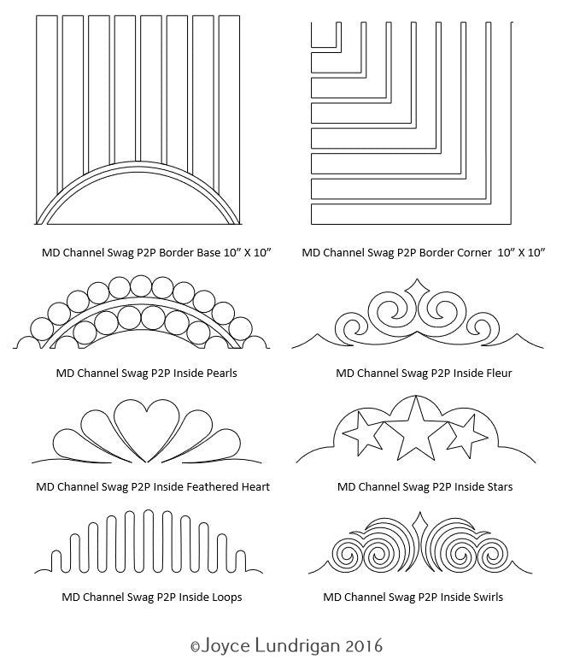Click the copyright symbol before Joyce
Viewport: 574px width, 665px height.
(195, 644)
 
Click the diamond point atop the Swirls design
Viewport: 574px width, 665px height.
(418, 521)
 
